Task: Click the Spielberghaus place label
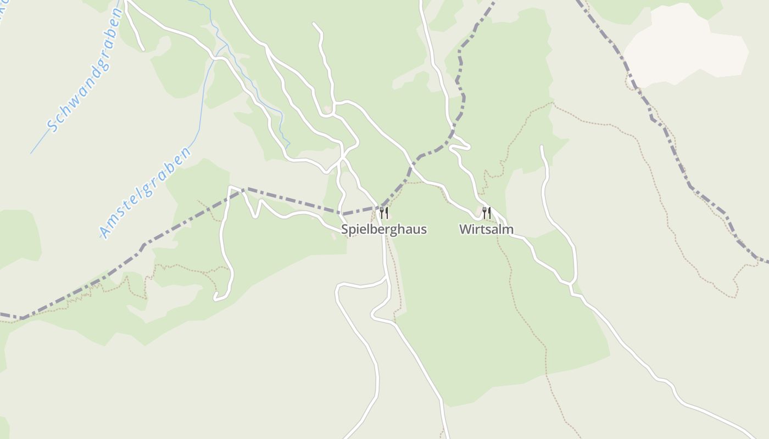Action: pos(383,229)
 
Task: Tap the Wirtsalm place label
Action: pos(486,229)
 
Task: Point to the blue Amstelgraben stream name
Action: pos(146,192)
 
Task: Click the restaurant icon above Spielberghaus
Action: pos(384,213)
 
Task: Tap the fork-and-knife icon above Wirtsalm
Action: pos(487,212)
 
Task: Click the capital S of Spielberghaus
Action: pos(344,229)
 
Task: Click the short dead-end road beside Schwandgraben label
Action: pos(135,30)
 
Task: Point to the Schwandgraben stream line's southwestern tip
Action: pos(31,153)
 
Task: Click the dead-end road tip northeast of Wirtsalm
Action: pos(542,147)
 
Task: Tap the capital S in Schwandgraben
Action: pos(53,126)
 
